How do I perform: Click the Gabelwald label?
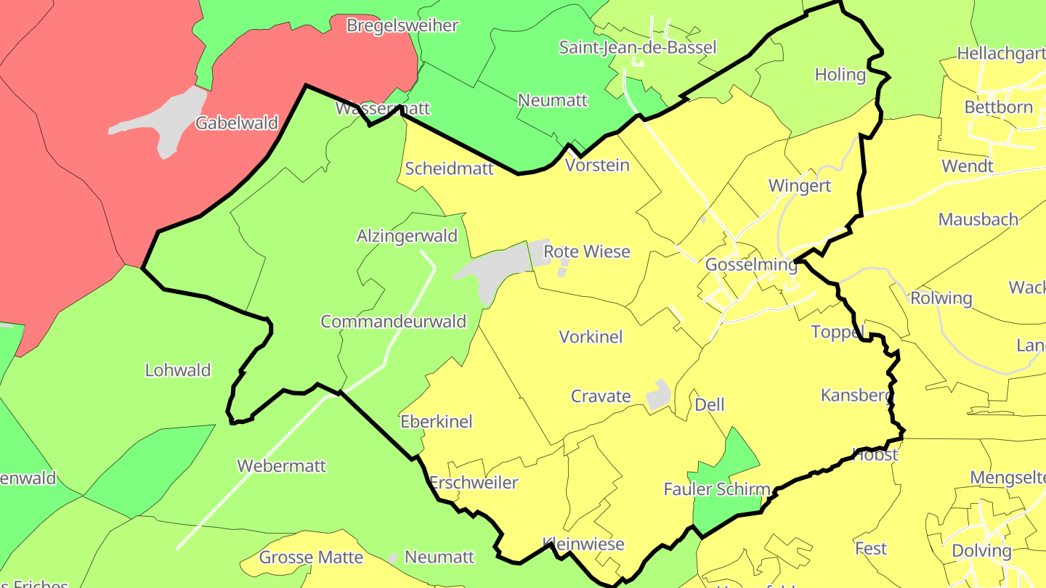[x=237, y=123]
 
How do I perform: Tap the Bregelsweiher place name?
[x=402, y=26]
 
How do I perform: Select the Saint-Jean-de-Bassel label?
[x=637, y=48]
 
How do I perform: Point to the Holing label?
[x=840, y=75]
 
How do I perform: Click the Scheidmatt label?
[x=449, y=169]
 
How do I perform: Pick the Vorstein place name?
[x=597, y=166]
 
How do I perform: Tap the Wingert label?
[x=800, y=186]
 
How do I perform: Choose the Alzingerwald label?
[x=407, y=236]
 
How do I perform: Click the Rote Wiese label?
[x=587, y=252]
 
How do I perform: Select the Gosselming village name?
[x=751, y=265]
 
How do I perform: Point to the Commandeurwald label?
[x=393, y=322]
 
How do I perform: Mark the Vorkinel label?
[x=591, y=337]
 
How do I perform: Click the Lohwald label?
[x=178, y=370]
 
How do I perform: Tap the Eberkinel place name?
[x=436, y=422]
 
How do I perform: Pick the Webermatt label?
[x=282, y=466]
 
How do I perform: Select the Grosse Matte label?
[x=311, y=558]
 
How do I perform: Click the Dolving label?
[x=981, y=551]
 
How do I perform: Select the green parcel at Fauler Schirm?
[x=730, y=465]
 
